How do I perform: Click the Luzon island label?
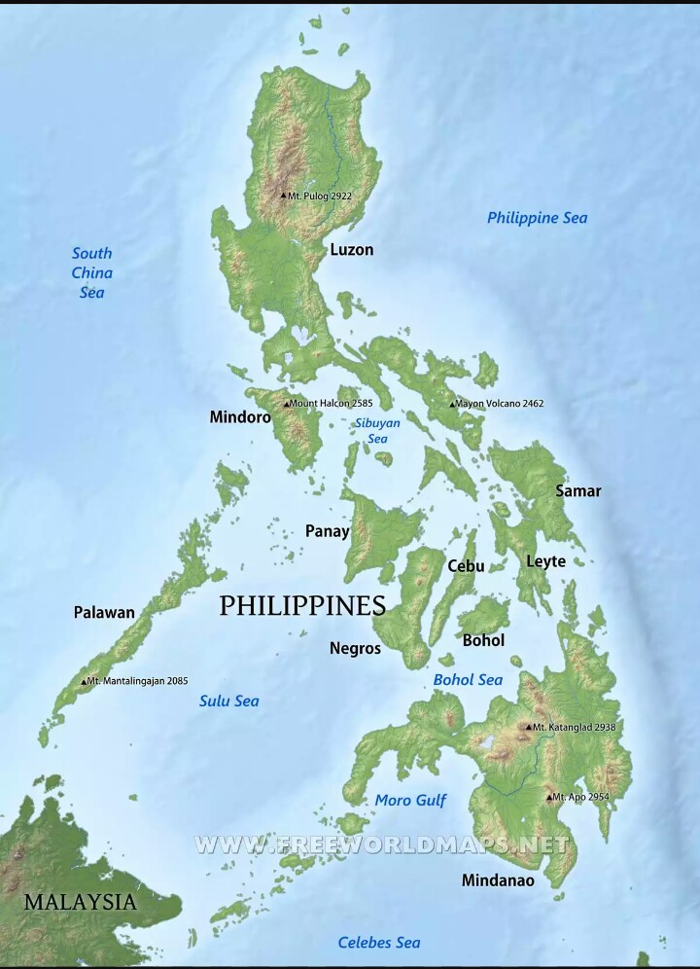click(x=351, y=250)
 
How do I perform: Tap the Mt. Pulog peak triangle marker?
click(x=283, y=196)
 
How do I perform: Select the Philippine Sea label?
click(x=537, y=218)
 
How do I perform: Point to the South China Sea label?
click(x=91, y=272)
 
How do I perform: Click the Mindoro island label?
click(x=240, y=417)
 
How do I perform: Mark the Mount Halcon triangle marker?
click(x=286, y=404)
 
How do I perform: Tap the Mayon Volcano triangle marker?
click(x=452, y=404)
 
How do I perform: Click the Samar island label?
click(x=577, y=490)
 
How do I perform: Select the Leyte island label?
click(x=545, y=561)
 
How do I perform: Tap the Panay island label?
click(x=327, y=530)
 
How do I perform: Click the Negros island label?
click(x=355, y=648)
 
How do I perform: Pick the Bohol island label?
click(x=483, y=640)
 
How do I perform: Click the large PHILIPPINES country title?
click(x=302, y=606)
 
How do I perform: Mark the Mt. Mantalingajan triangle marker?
click(x=84, y=682)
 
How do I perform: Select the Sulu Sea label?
click(x=229, y=700)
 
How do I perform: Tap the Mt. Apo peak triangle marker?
click(x=549, y=798)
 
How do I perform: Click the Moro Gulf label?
click(x=410, y=800)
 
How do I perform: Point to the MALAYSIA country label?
click(x=80, y=902)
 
